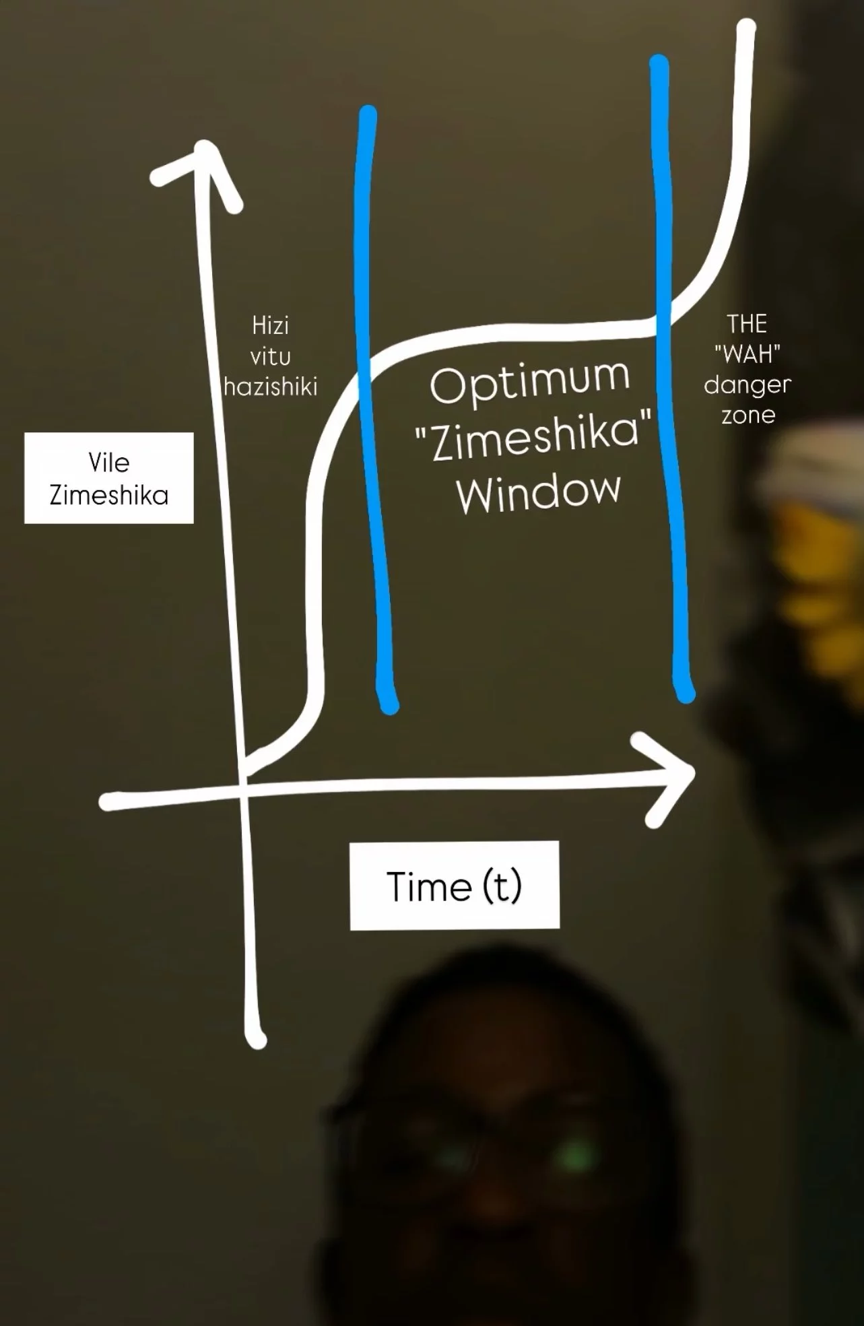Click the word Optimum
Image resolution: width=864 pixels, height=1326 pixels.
[529, 383]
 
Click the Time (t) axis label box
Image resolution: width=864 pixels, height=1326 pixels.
[455, 886]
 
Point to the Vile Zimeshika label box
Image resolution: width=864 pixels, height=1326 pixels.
[109, 478]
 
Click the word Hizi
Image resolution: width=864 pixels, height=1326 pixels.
[270, 326]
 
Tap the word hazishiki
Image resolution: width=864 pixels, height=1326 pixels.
[271, 387]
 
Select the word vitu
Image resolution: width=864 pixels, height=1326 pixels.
[270, 357]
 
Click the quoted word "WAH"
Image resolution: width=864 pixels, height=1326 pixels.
[747, 354]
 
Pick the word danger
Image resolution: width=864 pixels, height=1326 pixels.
[747, 385]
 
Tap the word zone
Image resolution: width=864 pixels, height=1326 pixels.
[748, 416]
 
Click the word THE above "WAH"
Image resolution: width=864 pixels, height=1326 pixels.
[747, 324]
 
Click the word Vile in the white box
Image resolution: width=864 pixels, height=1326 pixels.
[108, 463]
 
